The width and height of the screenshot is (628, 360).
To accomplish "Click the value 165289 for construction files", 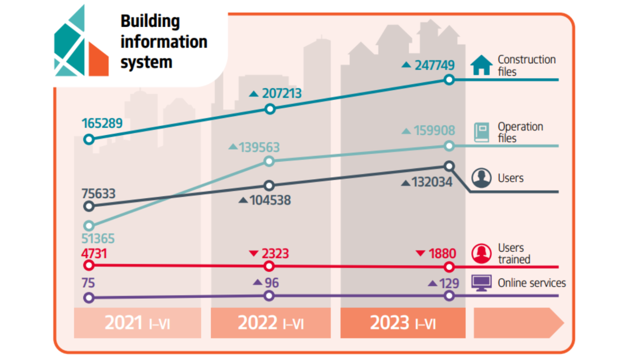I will click(102, 123).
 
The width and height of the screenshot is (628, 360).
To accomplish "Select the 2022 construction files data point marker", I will click(270, 109).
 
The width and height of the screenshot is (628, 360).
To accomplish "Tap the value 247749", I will click(434, 65).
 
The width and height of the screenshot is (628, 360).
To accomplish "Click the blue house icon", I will click(481, 65).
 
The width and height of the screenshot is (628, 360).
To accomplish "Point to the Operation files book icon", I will click(481, 132).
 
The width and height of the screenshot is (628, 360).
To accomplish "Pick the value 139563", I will click(259, 147).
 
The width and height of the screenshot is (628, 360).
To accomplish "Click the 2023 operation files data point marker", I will click(449, 146).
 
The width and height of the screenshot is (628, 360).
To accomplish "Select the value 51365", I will click(98, 239).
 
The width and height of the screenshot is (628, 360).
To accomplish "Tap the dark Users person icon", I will click(481, 178).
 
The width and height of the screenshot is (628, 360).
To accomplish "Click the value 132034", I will click(432, 182).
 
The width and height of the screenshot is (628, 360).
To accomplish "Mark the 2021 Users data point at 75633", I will click(89, 206).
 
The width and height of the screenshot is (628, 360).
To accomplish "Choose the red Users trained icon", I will click(481, 253).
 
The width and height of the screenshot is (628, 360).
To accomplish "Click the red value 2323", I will click(275, 254).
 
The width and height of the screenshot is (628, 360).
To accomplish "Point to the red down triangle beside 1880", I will click(420, 253).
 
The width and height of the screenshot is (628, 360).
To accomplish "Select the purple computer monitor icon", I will click(481, 283).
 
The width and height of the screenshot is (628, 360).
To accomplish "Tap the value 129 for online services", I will click(449, 283).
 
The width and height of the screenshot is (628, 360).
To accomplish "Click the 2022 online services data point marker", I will click(269, 296).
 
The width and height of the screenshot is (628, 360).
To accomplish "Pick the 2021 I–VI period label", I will click(137, 323).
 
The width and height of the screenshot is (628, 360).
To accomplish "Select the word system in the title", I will click(146, 62).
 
